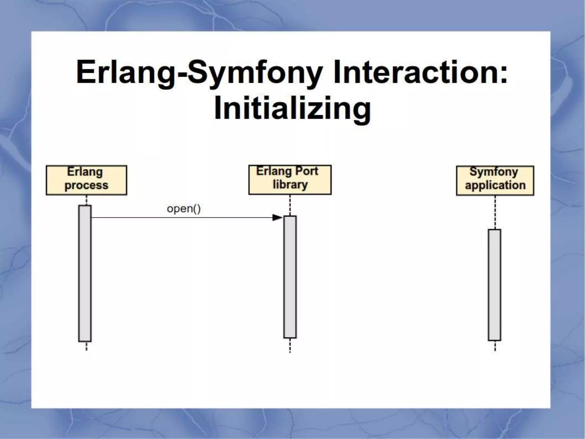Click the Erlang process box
tap(86, 180)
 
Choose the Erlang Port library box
tap(290, 179)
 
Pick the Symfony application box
tap(495, 180)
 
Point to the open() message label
tap(184, 209)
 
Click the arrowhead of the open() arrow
tap(277, 217)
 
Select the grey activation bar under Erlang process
tap(85, 273)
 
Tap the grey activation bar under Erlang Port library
tap(290, 277)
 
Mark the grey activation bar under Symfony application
tap(494, 285)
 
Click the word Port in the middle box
tap(306, 171)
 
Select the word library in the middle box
tap(290, 185)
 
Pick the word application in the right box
tap(495, 185)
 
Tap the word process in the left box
tap(86, 185)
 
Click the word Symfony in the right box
tap(494, 172)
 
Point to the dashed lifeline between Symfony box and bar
tap(495, 212)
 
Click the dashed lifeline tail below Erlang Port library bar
tap(290, 345)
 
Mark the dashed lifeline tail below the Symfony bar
tap(495, 346)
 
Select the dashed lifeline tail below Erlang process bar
tap(87, 346)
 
